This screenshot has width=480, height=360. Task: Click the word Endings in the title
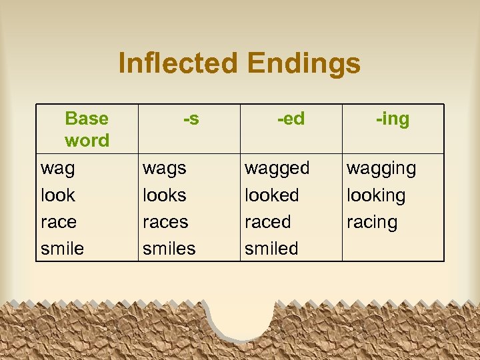[303, 64]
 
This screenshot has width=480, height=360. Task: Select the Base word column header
[87, 129]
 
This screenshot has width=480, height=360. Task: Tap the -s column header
[191, 119]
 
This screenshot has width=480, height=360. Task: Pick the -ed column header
[291, 119]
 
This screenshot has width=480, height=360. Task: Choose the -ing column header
[393, 119]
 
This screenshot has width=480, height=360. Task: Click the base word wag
[58, 169]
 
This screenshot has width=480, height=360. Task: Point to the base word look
[58, 195]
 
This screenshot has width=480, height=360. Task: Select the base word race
[59, 222]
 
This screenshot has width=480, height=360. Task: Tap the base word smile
[63, 249]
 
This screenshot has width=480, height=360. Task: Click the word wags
[165, 169]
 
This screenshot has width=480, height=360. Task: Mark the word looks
[165, 195]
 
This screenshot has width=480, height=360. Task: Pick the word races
[165, 222]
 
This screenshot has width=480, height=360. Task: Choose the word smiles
[169, 249]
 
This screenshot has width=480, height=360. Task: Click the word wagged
[277, 169]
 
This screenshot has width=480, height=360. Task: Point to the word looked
[272, 195]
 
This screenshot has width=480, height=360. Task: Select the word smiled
[271, 249]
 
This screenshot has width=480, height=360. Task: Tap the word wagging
[381, 169]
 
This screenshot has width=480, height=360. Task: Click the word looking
[376, 196]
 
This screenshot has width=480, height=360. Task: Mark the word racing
[372, 223]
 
